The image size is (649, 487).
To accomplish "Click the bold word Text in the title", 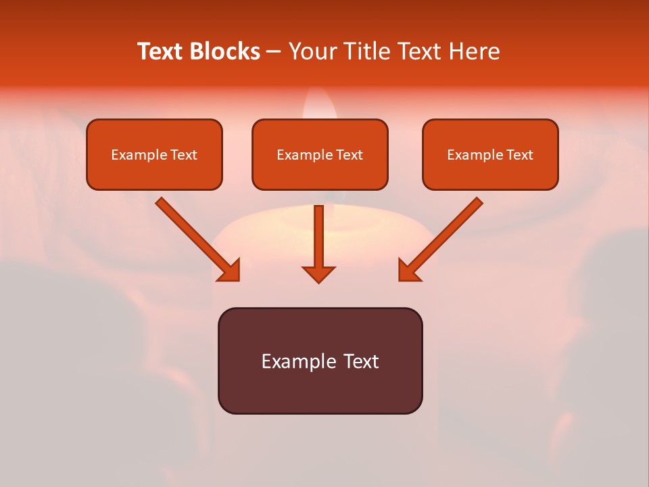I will [x=160, y=51].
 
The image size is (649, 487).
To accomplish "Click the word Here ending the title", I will [x=475, y=51].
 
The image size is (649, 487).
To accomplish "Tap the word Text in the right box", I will [x=519, y=155].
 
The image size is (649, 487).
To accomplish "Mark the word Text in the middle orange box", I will [x=349, y=155].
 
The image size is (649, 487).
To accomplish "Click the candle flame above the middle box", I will [x=319, y=105].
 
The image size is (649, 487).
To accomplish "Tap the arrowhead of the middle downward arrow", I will [x=318, y=273].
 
